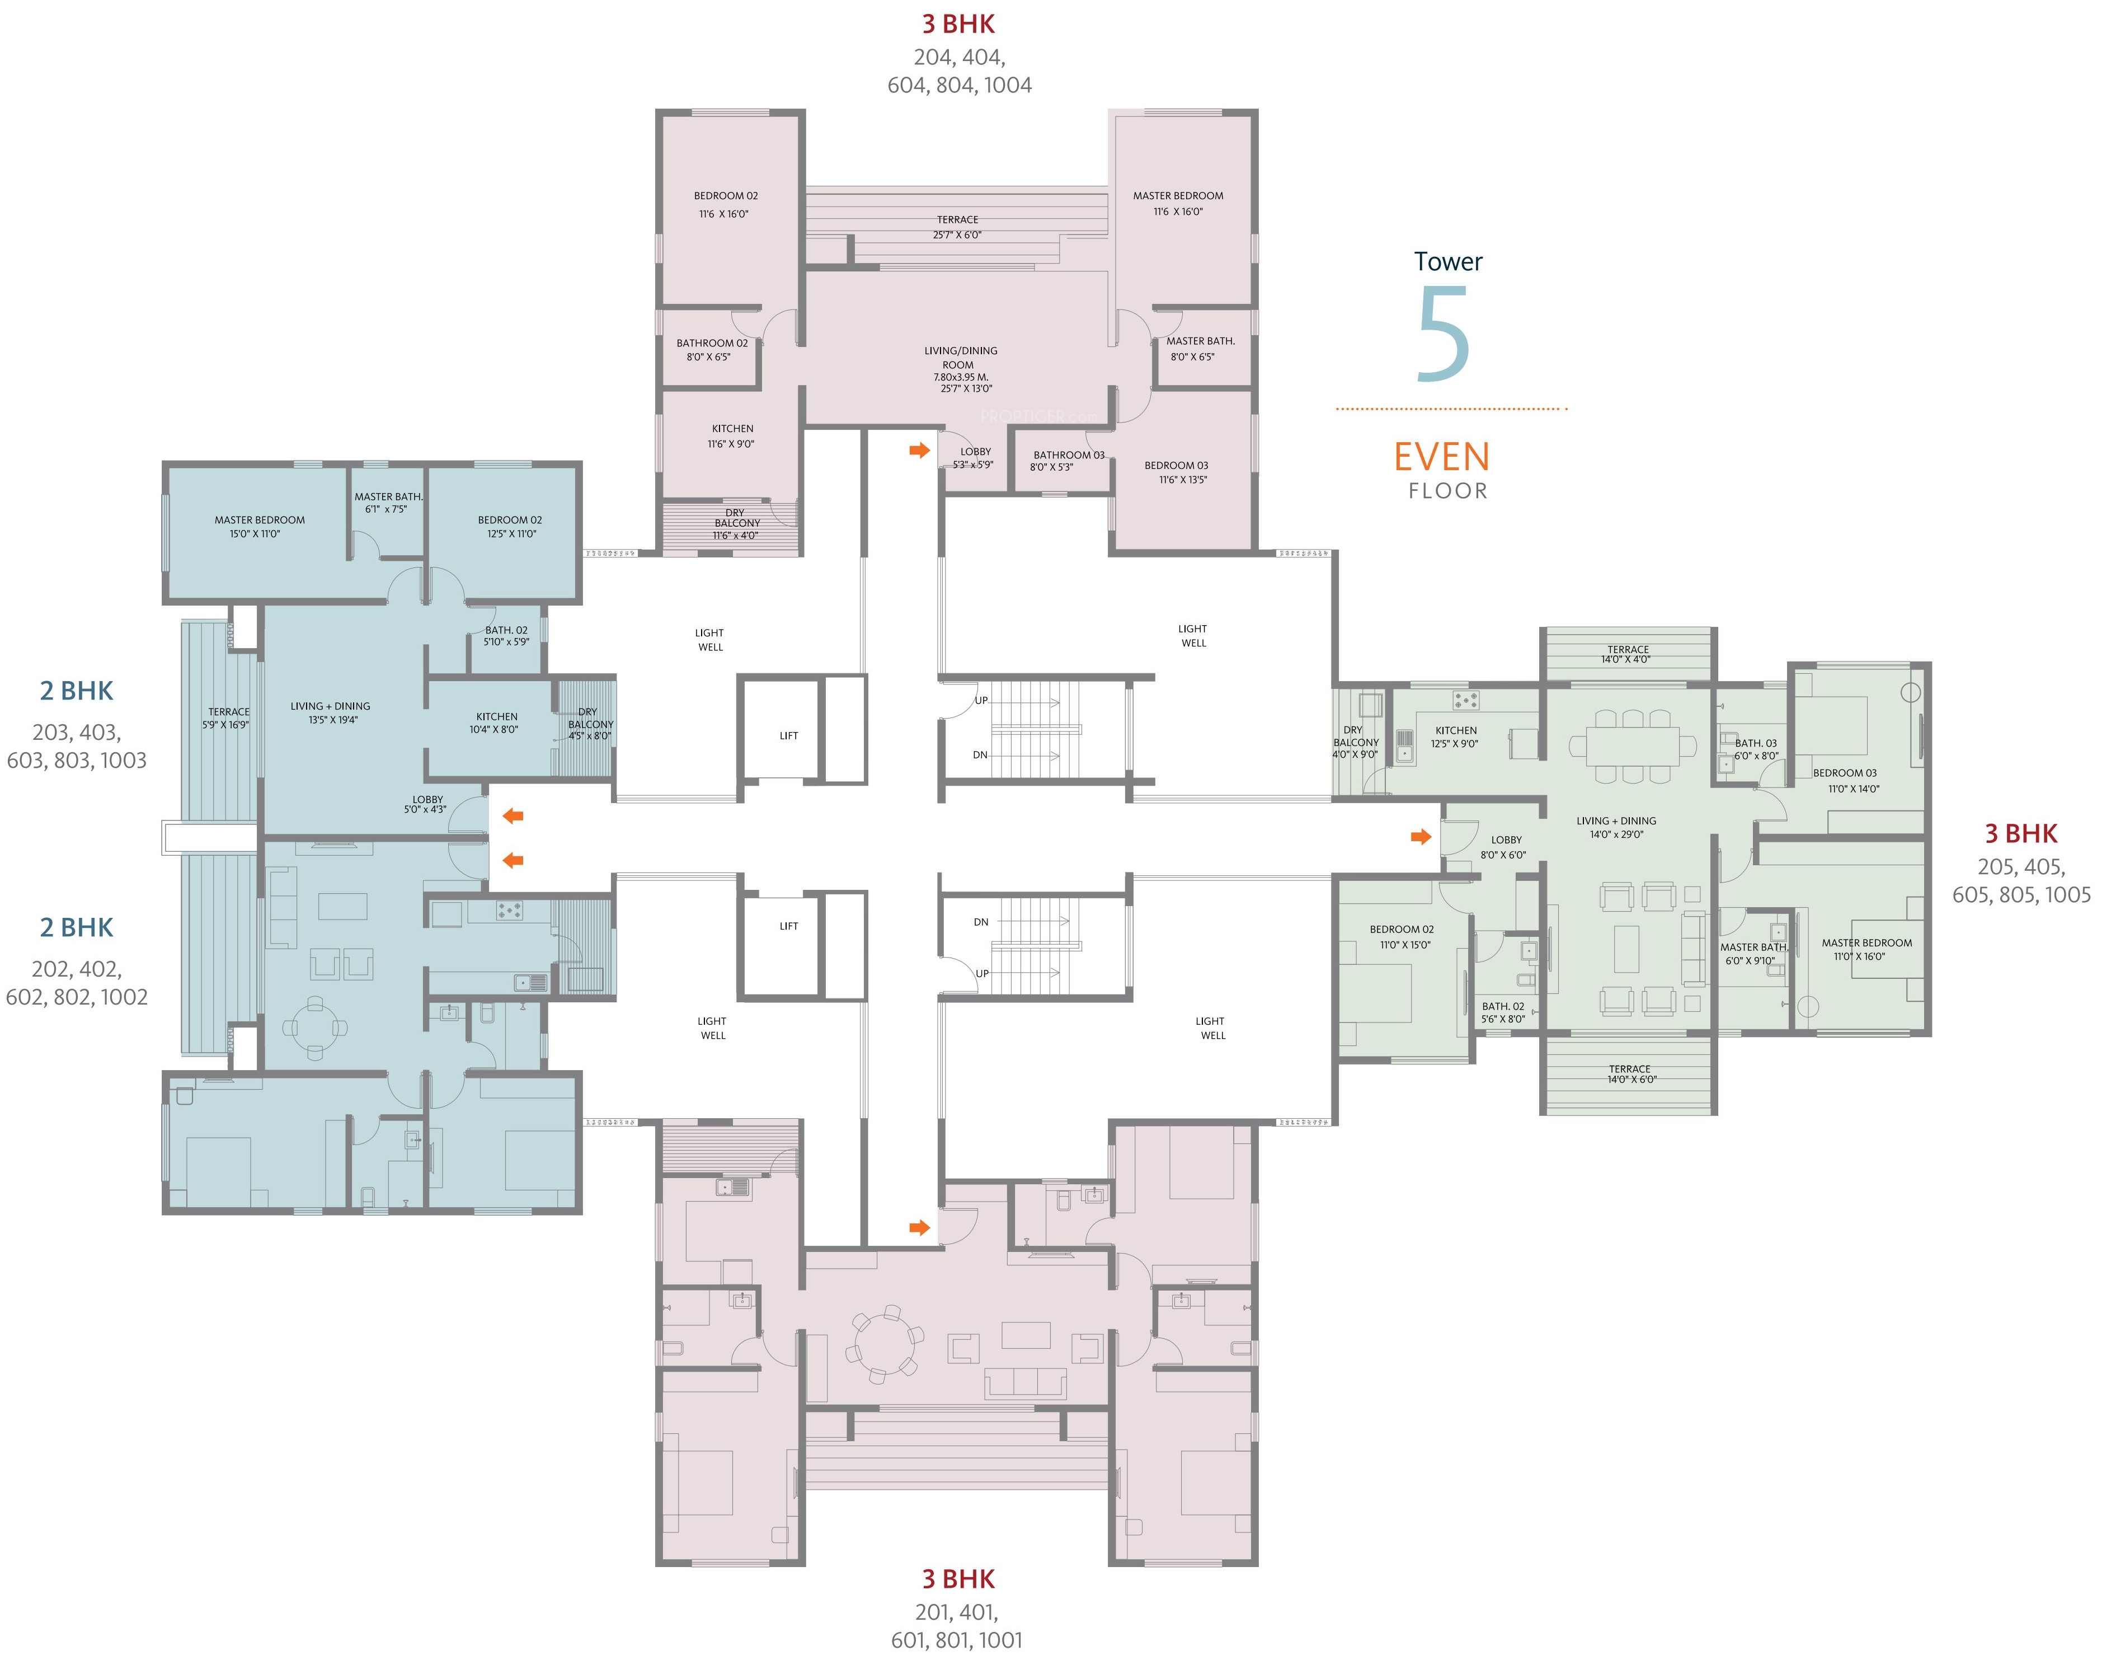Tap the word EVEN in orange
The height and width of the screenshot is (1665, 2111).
[x=1441, y=457]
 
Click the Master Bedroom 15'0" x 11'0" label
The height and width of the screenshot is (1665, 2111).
[x=259, y=527]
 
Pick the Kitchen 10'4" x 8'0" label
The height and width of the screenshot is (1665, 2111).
[x=496, y=723]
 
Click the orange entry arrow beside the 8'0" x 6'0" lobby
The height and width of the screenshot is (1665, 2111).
[x=1421, y=836]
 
